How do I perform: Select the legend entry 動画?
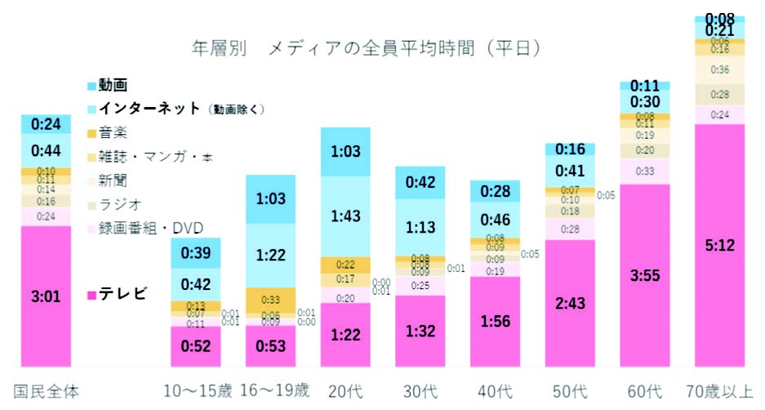pos(113,85)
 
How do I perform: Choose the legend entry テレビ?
pos(122,293)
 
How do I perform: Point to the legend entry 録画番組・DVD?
pos(151,227)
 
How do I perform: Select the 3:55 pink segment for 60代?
pos(645,275)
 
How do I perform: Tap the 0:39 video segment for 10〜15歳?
pos(196,253)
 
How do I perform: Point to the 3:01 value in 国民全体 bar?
pos(46,296)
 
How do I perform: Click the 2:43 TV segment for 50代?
pos(569,302)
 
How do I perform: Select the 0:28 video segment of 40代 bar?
pos(495,191)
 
